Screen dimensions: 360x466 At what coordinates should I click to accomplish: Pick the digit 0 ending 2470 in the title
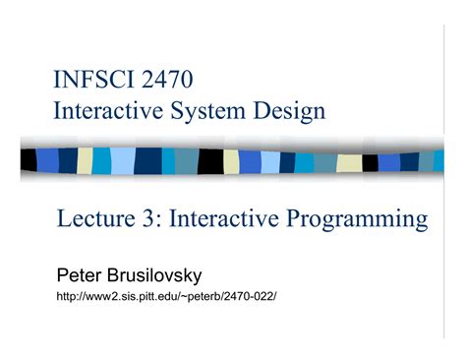(187, 78)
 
